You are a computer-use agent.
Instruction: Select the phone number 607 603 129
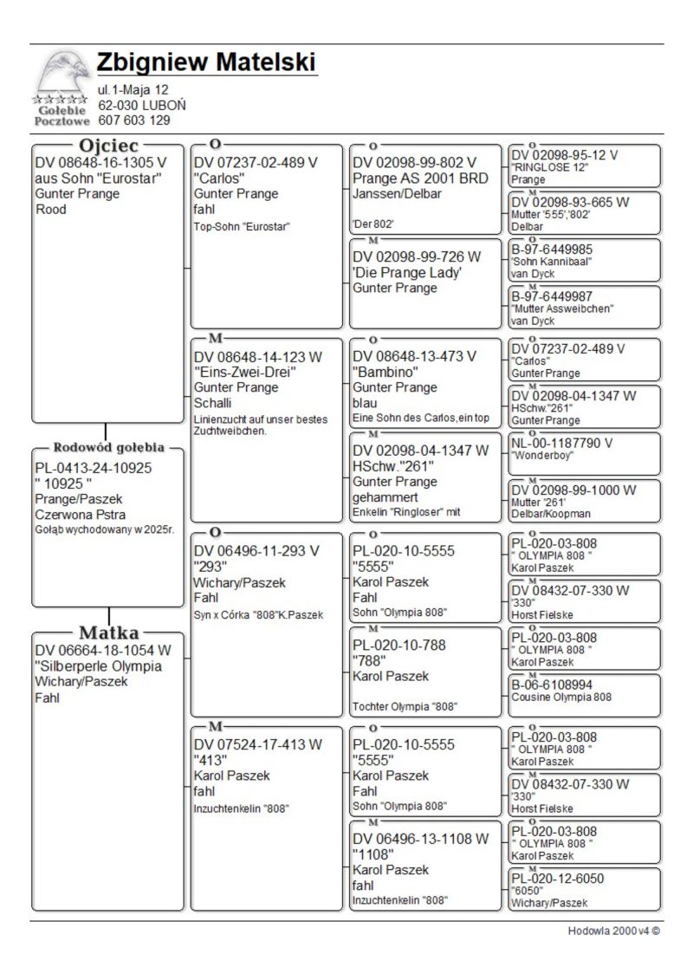pyautogui.click(x=133, y=120)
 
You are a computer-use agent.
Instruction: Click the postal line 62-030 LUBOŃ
pyautogui.click(x=141, y=105)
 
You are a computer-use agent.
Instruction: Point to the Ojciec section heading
pyautogui.click(x=108, y=146)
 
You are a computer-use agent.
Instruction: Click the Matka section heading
pyautogui.click(x=108, y=632)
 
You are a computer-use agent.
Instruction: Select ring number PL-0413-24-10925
pyautogui.click(x=93, y=468)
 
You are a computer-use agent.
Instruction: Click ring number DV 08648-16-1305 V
pyautogui.click(x=100, y=162)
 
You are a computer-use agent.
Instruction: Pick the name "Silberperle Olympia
pyautogui.click(x=98, y=666)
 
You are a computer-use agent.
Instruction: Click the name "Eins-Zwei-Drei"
pyautogui.click(x=245, y=372)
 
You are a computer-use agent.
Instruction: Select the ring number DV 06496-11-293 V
pyautogui.click(x=256, y=550)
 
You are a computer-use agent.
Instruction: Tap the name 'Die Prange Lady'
pyautogui.click(x=407, y=272)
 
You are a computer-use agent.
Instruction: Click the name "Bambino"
pyautogui.click(x=383, y=372)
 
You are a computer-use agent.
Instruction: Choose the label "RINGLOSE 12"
pyautogui.click(x=550, y=167)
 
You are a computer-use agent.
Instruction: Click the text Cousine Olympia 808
pyautogui.click(x=561, y=697)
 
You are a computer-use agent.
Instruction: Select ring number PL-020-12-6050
pyautogui.click(x=558, y=879)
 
